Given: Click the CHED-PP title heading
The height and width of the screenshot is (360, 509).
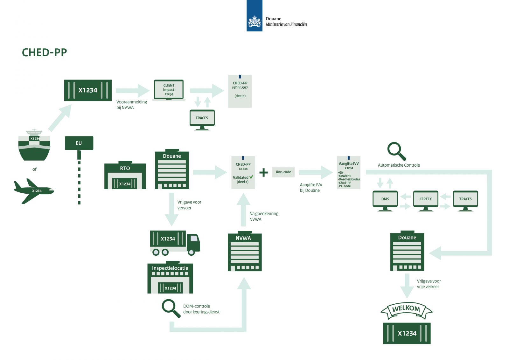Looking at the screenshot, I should (x=44, y=52).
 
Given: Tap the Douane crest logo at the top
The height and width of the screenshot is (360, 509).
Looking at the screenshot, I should (x=254, y=22).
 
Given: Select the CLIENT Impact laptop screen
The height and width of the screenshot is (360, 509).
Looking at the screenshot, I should (x=169, y=90).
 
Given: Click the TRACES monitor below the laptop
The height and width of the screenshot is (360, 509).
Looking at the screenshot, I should (x=202, y=118).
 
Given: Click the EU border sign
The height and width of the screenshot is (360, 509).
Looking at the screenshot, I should (x=79, y=143).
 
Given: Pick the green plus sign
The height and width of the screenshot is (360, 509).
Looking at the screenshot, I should (x=263, y=172).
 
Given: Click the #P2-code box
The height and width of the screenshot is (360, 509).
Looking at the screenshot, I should (x=283, y=172).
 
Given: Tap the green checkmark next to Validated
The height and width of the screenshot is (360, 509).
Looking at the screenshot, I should (x=251, y=177).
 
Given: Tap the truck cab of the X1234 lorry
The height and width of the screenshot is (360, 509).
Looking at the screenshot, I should (x=193, y=243).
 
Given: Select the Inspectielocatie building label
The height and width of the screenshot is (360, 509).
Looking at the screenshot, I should (x=170, y=268).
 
